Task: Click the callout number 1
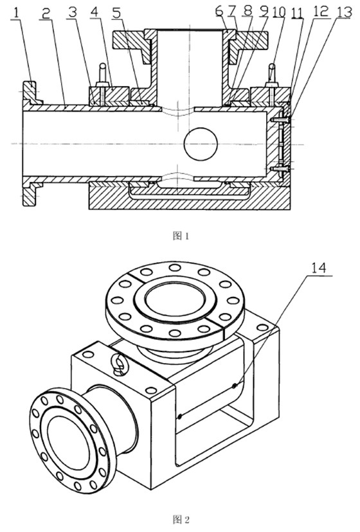15,13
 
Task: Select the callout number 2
46,13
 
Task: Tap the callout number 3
72,13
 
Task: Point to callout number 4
94,13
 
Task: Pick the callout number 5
116,13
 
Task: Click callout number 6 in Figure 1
220,11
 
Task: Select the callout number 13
344,12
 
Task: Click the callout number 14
319,269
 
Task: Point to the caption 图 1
181,235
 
